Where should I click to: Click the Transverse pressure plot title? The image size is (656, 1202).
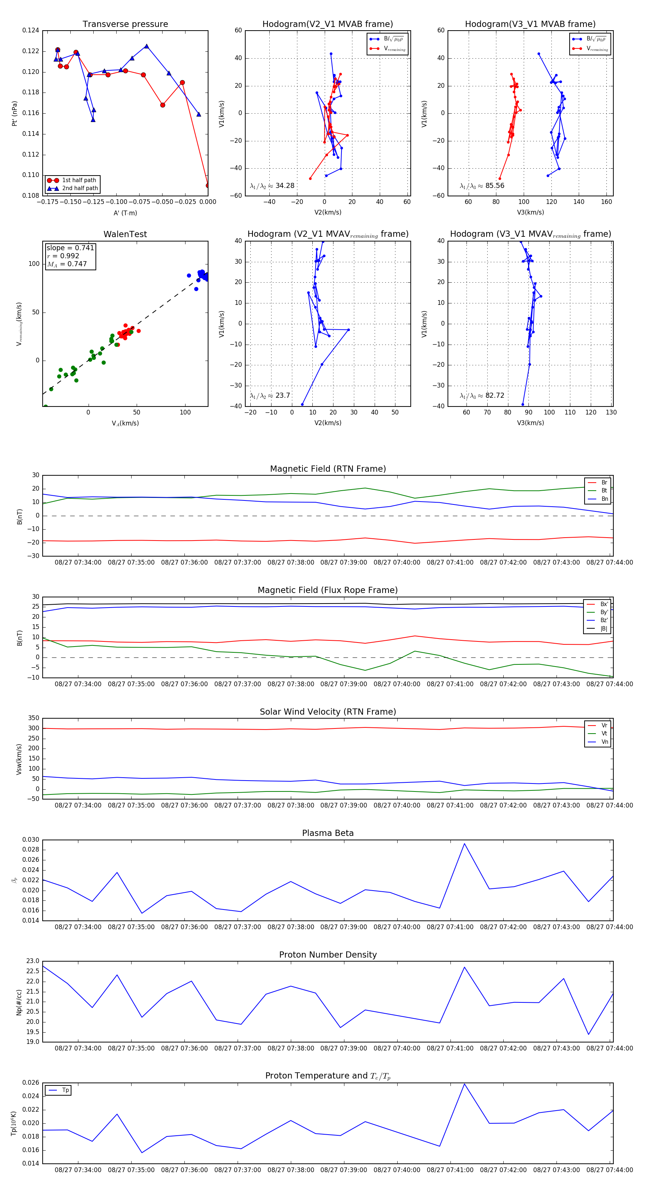click(125, 24)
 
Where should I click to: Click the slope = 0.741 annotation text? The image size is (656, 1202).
click(70, 248)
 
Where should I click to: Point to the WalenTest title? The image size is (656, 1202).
click(125, 234)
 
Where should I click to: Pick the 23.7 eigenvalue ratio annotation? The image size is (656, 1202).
click(270, 396)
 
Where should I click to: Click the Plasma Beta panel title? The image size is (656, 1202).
click(328, 833)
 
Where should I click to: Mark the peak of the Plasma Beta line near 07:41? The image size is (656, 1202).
click(464, 844)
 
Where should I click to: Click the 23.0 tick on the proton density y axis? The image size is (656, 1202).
click(33, 961)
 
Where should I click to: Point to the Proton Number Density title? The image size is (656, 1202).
click(328, 955)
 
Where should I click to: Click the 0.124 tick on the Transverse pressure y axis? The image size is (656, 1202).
click(31, 30)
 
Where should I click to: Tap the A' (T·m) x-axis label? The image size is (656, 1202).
click(125, 213)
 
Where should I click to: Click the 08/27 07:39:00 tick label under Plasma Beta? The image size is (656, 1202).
click(344, 927)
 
